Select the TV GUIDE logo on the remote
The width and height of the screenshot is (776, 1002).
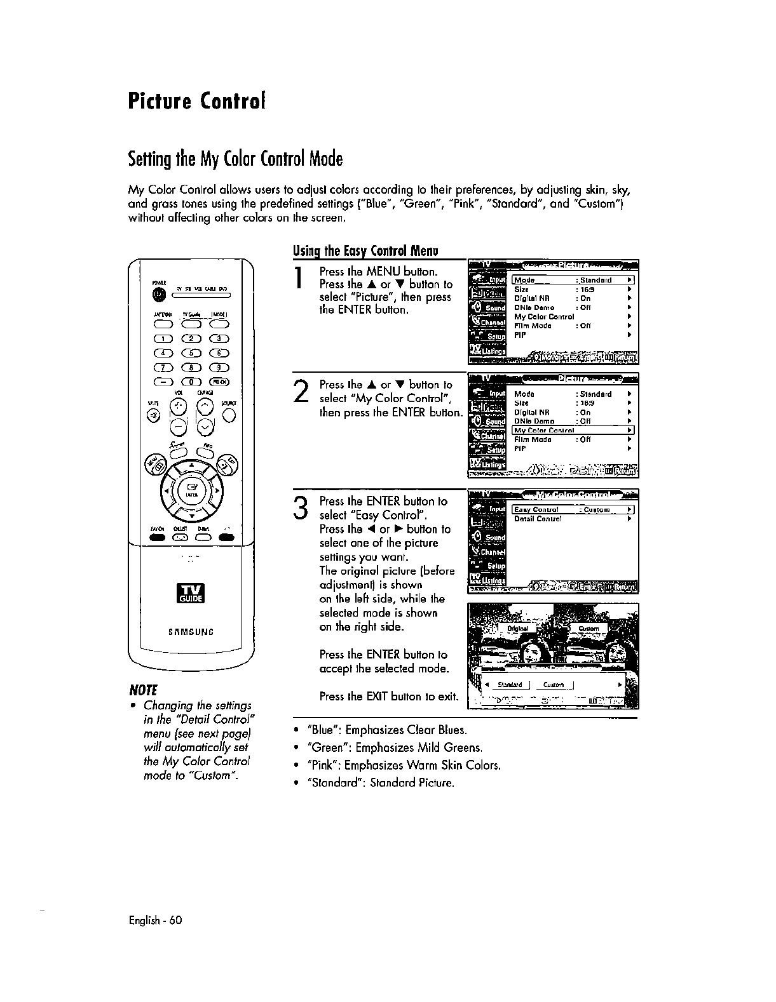click(x=191, y=598)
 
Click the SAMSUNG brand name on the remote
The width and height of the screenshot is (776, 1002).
click(x=191, y=632)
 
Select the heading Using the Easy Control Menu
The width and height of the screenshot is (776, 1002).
click(x=365, y=251)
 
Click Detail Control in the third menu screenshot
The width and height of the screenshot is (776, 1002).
click(x=538, y=519)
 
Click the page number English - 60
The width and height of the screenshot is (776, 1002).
click(x=155, y=919)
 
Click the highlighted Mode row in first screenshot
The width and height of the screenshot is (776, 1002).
click(x=573, y=280)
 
